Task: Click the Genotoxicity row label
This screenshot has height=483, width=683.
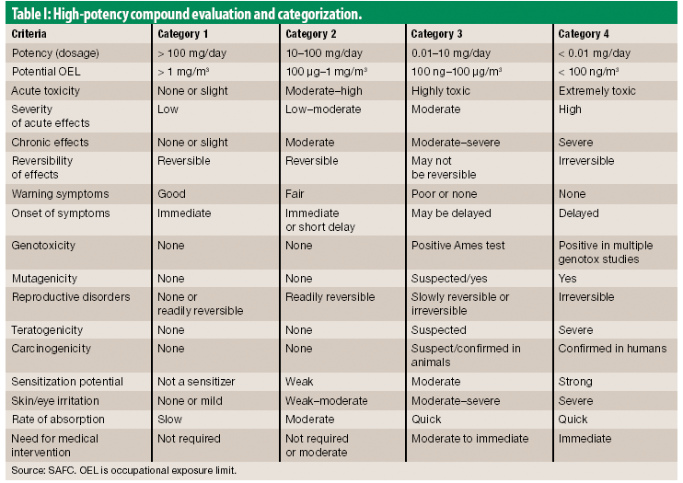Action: [x=43, y=246]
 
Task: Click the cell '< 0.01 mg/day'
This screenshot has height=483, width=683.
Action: [x=595, y=53]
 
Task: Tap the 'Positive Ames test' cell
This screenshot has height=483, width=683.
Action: [x=457, y=246]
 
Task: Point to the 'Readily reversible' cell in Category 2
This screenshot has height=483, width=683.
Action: [x=330, y=297]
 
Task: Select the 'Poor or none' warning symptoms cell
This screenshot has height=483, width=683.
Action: [x=446, y=194]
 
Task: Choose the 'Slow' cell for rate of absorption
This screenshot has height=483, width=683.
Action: [x=171, y=420]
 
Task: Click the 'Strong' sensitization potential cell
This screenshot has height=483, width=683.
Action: [x=576, y=381]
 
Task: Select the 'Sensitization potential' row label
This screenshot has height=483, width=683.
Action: [x=64, y=381]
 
